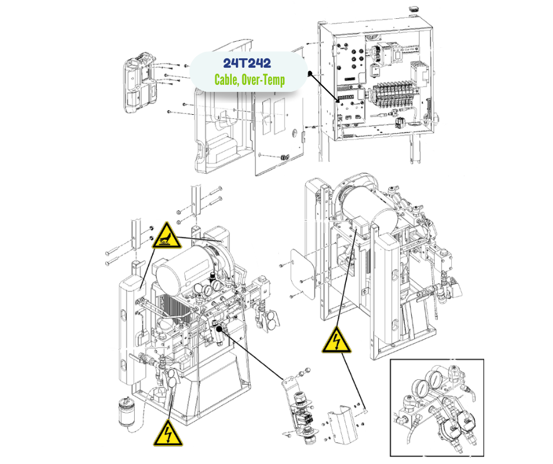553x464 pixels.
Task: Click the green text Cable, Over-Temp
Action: point(249,79)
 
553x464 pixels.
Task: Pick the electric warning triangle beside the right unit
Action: point(336,341)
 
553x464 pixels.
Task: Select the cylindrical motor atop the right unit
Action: point(368,204)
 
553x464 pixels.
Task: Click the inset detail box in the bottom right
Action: point(436,407)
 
